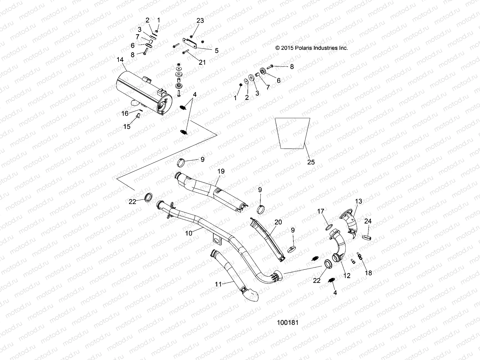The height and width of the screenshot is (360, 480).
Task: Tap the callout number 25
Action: click(x=311, y=162)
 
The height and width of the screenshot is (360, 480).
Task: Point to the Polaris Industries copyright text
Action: click(x=312, y=48)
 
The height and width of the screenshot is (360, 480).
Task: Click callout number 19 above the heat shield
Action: click(x=221, y=171)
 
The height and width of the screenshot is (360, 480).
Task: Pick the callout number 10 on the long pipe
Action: click(x=189, y=233)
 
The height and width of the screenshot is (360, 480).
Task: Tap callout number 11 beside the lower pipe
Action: click(x=218, y=284)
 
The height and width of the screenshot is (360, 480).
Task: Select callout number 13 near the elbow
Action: click(x=358, y=201)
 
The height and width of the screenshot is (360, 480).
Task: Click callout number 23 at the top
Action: click(x=200, y=20)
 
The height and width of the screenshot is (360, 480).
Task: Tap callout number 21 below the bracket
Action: click(x=202, y=62)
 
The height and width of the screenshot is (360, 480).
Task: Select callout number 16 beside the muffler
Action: click(x=125, y=113)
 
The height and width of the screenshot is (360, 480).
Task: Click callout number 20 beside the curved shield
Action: click(x=278, y=222)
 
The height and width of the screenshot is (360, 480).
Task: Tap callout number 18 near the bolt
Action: click(x=368, y=273)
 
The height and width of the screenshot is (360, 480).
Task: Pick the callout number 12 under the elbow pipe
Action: click(x=346, y=275)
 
